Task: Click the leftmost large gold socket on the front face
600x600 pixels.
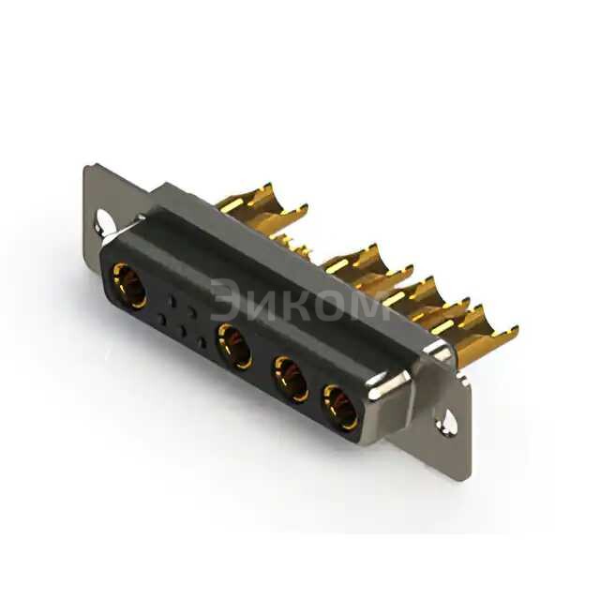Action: tap(128, 286)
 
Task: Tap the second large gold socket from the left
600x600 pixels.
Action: tap(234, 346)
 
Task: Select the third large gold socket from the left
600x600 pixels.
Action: tap(291, 379)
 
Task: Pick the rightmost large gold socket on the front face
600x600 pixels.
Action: tap(340, 408)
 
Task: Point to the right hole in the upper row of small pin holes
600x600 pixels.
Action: tap(192, 313)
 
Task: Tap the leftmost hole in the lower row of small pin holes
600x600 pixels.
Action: tap(162, 319)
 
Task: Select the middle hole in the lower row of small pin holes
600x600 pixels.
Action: tap(184, 331)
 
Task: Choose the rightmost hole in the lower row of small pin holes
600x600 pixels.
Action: tap(202, 342)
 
